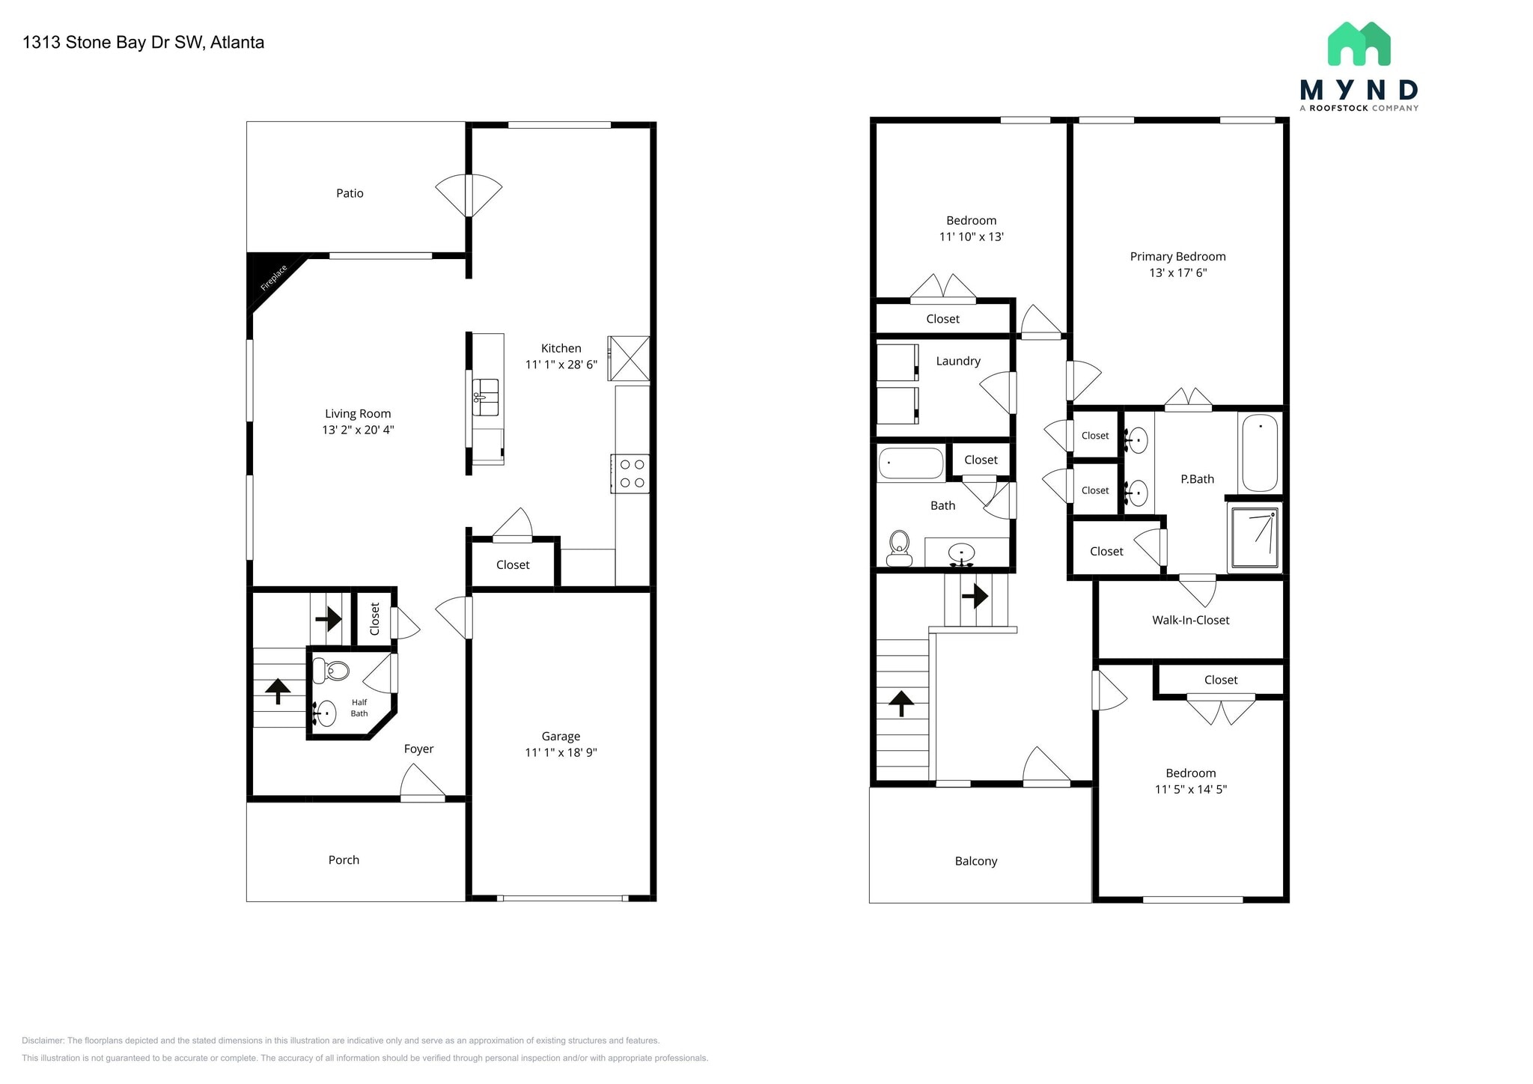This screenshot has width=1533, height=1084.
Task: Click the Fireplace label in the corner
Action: point(274,278)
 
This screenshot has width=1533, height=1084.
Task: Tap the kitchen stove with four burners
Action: point(630,474)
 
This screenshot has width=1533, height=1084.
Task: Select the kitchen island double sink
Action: point(486,397)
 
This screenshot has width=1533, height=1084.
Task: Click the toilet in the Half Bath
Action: point(331,670)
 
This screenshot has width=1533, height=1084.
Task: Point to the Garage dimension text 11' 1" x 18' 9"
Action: point(561,752)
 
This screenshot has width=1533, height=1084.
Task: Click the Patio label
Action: point(350,193)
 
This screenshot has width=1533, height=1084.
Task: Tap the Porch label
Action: point(344,860)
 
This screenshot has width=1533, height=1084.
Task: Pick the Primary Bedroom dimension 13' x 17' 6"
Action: point(1177,272)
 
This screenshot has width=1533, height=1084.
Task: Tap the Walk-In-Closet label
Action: point(1190,620)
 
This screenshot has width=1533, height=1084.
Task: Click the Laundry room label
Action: point(957,361)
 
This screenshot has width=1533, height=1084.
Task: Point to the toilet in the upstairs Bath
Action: point(898,548)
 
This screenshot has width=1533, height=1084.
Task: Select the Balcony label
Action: point(975,861)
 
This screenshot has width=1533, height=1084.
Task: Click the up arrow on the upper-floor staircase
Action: point(900,703)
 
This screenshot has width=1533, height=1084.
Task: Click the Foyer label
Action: point(418,749)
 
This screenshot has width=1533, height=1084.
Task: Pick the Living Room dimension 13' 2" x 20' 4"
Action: point(358,430)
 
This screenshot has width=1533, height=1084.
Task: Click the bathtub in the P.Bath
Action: point(1259,452)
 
